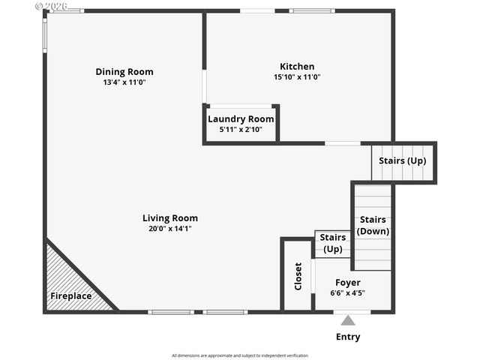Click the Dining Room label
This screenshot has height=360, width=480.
pos(124,72)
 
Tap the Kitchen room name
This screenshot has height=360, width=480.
pos(297,66)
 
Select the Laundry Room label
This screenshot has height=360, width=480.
pos(241,119)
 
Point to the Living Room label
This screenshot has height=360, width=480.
pos(170,218)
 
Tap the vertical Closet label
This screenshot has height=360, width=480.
pos(298,275)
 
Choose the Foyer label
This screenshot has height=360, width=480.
pos(348,283)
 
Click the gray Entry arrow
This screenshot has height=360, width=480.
pos(348,320)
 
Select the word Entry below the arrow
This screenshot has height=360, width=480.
pos(348,337)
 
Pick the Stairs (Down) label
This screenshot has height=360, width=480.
pos(373,225)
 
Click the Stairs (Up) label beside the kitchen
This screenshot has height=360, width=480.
pos(402,160)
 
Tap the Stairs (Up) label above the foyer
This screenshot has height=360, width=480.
pos(333,243)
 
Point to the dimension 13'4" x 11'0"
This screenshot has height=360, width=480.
pos(124,82)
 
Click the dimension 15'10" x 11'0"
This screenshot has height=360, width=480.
pos(297,76)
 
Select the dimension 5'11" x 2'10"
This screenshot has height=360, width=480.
pos(241,130)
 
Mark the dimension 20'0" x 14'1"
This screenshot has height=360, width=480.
pos(170,229)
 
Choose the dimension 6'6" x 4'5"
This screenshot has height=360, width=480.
pos(348,293)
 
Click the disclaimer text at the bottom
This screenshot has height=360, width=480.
pos(240,355)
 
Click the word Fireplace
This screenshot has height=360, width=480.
pos(71,296)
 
